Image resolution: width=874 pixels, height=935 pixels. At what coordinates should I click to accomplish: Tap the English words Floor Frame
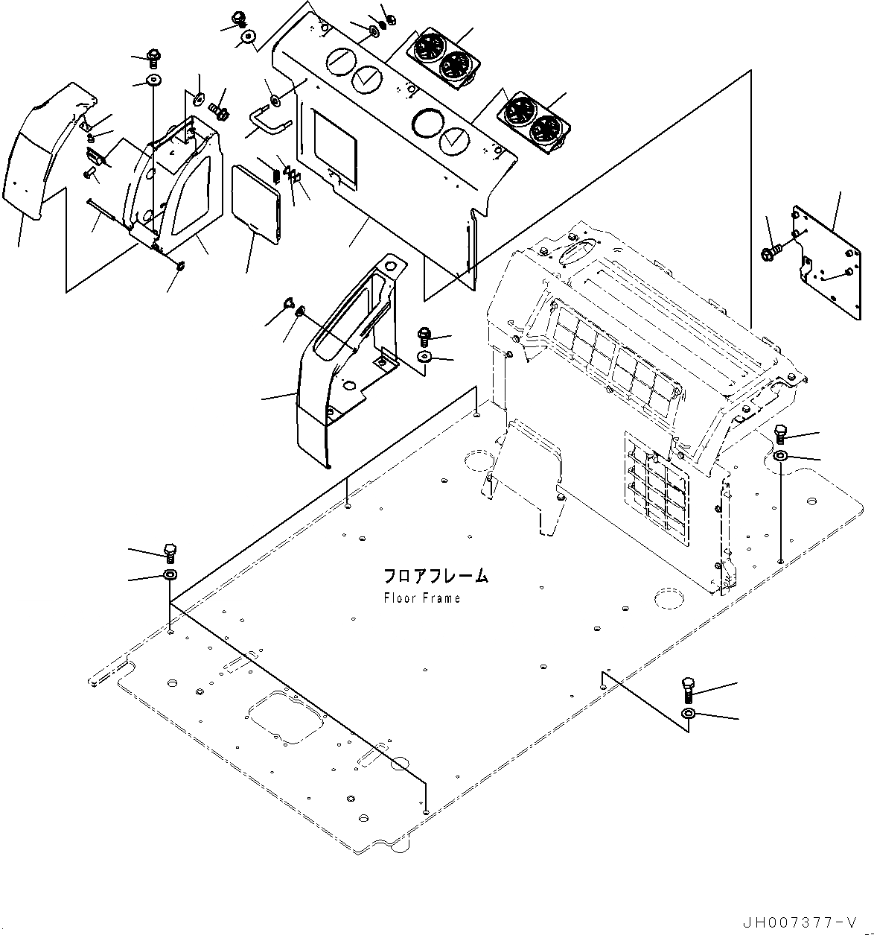click(422, 598)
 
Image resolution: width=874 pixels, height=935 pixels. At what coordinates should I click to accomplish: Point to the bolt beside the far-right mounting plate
click(770, 254)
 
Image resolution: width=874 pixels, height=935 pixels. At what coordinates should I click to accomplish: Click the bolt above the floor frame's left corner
click(170, 554)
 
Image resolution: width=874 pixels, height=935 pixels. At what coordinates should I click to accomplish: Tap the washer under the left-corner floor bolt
click(170, 574)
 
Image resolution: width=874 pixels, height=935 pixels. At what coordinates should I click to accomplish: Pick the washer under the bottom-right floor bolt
click(689, 714)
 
